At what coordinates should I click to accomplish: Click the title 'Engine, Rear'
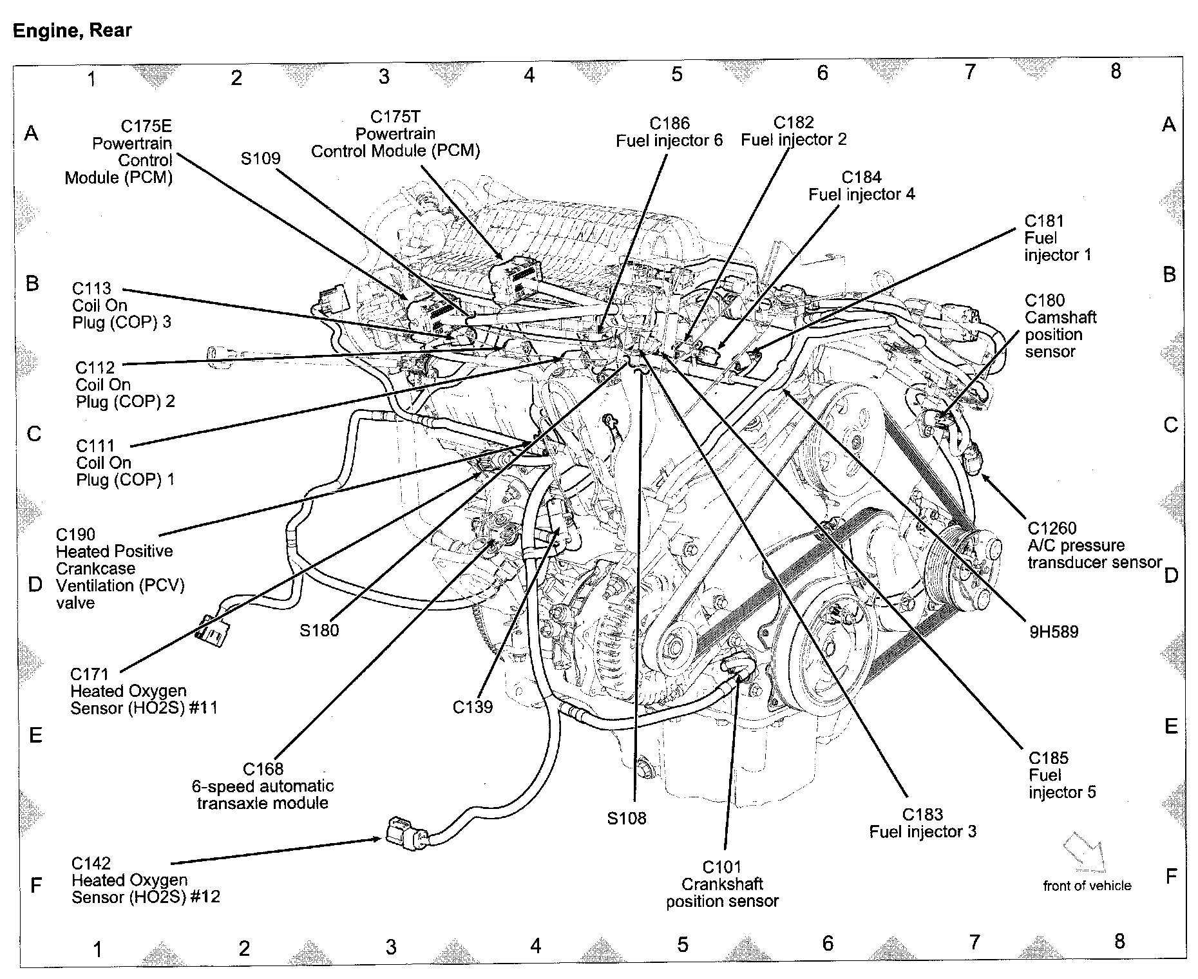point(72,30)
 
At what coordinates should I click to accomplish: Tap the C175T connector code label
point(395,117)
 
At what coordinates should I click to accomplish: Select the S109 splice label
point(260,158)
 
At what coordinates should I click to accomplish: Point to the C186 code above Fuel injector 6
point(669,124)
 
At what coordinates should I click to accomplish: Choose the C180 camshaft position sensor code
point(1044,300)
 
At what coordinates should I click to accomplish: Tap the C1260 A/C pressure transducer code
point(1052,528)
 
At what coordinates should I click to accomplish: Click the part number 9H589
point(1053,631)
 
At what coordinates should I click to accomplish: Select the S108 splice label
point(627,818)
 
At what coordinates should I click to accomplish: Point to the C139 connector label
point(472,707)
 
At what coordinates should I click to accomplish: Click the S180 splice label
point(319,630)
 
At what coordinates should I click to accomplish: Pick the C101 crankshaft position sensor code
point(721,867)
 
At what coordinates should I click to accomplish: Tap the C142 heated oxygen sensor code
point(91,863)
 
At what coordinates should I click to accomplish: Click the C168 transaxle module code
point(263,769)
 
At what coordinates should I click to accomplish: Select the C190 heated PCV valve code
point(75,534)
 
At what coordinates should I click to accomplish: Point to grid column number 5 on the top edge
point(676,75)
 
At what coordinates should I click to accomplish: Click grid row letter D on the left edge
point(35,584)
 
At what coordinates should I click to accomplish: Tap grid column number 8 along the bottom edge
point(1119,942)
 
